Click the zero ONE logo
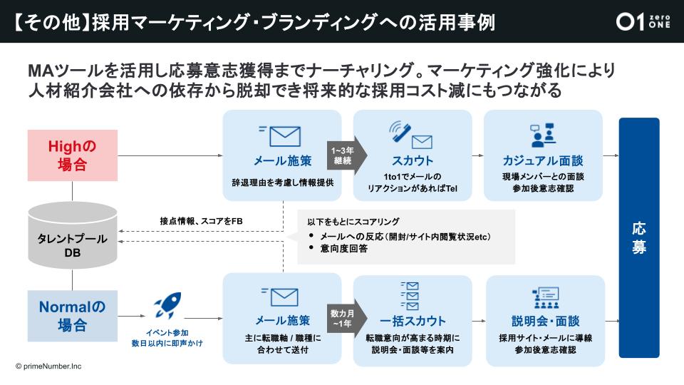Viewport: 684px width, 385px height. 643,21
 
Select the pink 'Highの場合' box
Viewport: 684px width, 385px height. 72,155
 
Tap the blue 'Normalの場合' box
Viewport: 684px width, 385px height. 72,316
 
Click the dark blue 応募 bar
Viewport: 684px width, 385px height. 639,237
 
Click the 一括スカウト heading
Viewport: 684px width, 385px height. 412,321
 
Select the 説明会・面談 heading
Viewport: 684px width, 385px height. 545,321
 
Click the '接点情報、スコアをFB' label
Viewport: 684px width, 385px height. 201,221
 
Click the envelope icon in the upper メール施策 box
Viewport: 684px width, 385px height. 281,135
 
